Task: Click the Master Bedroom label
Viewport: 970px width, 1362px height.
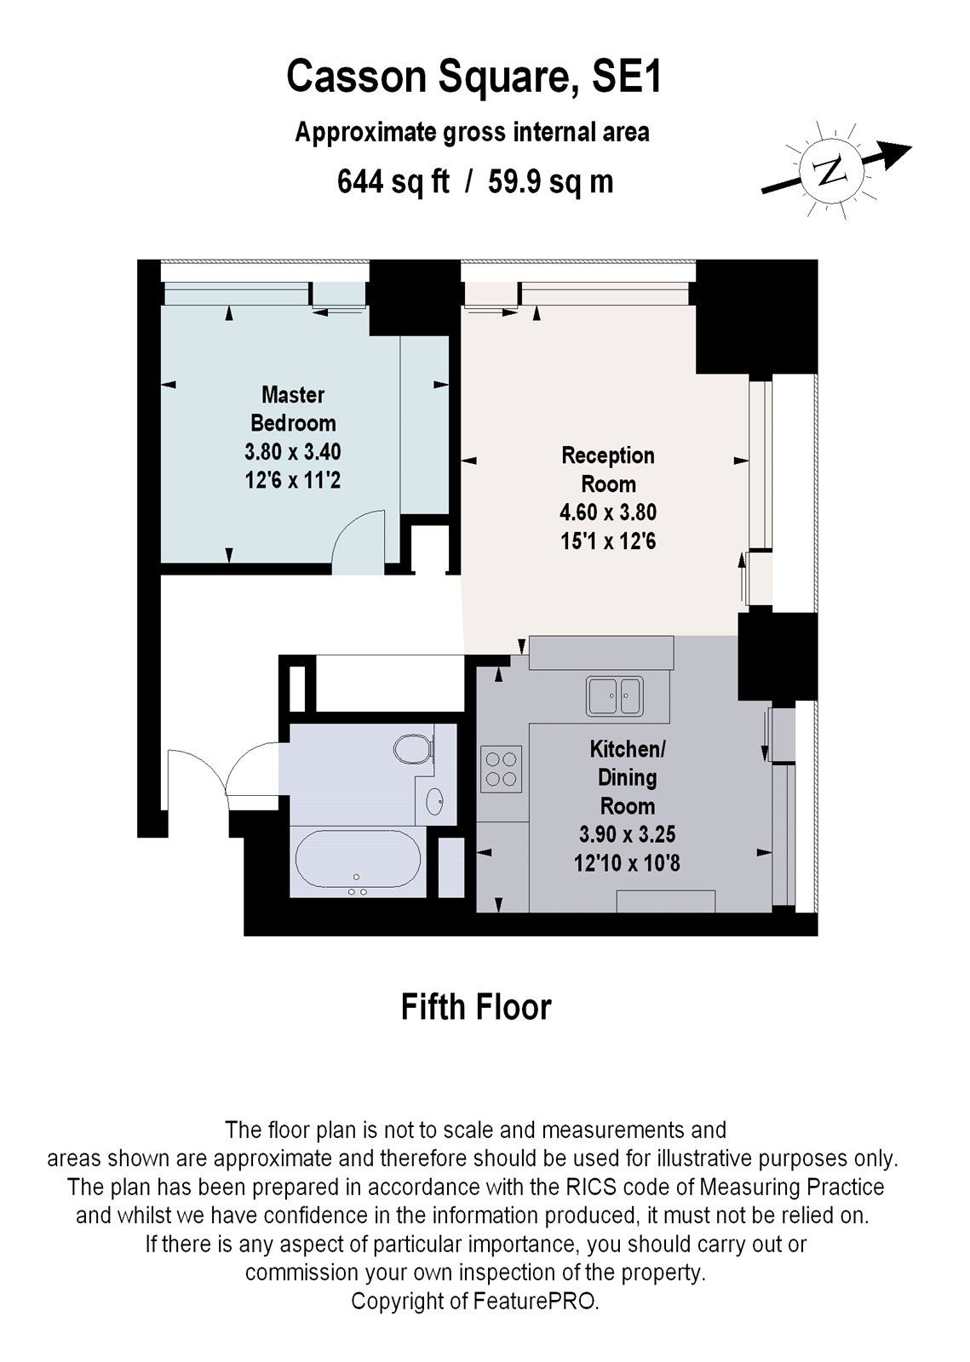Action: pyautogui.click(x=292, y=409)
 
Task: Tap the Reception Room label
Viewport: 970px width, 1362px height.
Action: pyautogui.click(x=608, y=469)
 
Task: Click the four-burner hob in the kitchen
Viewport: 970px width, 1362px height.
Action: pyautogui.click(x=501, y=769)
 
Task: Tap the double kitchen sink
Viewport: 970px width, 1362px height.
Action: pyautogui.click(x=615, y=695)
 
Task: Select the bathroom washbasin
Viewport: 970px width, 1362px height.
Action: pyautogui.click(x=435, y=800)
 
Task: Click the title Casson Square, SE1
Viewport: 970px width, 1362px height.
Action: pyautogui.click(x=474, y=77)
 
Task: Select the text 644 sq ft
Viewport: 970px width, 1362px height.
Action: pyautogui.click(x=393, y=182)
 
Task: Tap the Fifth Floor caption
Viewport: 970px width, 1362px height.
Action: pyautogui.click(x=476, y=1007)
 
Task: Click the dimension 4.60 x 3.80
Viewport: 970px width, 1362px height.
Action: pyautogui.click(x=608, y=512)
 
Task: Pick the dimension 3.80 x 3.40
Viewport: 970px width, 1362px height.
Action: pyautogui.click(x=292, y=451)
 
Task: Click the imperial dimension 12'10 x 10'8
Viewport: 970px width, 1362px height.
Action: pyautogui.click(x=627, y=863)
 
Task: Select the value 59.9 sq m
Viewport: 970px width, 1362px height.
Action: pyautogui.click(x=550, y=182)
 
